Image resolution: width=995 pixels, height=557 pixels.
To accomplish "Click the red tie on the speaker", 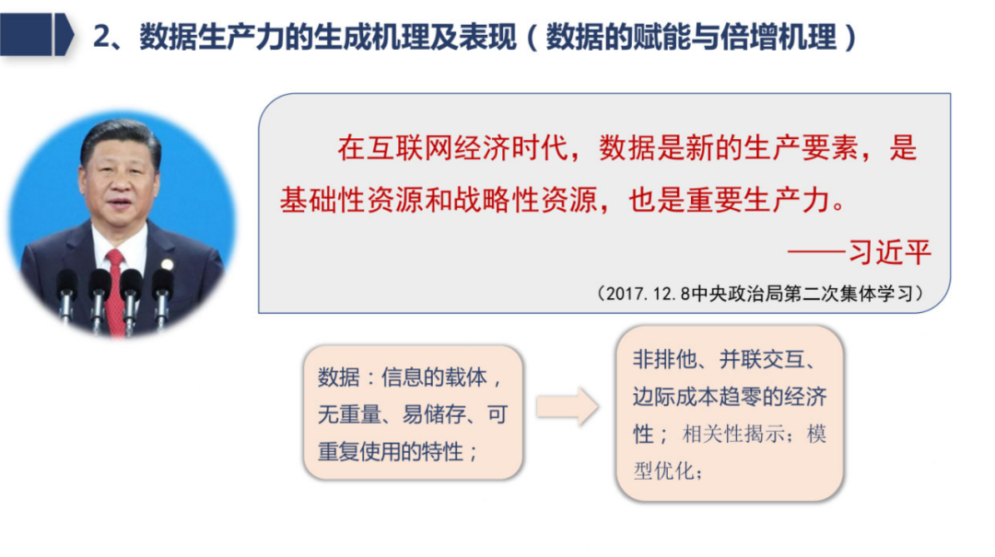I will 115,290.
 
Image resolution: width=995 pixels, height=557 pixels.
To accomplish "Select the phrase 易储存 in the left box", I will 431,415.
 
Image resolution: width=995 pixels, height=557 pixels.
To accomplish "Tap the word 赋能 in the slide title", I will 657,37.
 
